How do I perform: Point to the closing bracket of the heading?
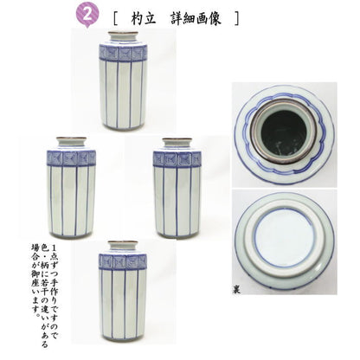[237, 16]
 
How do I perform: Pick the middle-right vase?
[177, 186]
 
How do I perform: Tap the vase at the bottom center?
[123, 291]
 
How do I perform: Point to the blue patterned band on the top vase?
[121, 53]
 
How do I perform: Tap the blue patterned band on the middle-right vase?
[177, 158]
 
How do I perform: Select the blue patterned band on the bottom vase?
[123, 261]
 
